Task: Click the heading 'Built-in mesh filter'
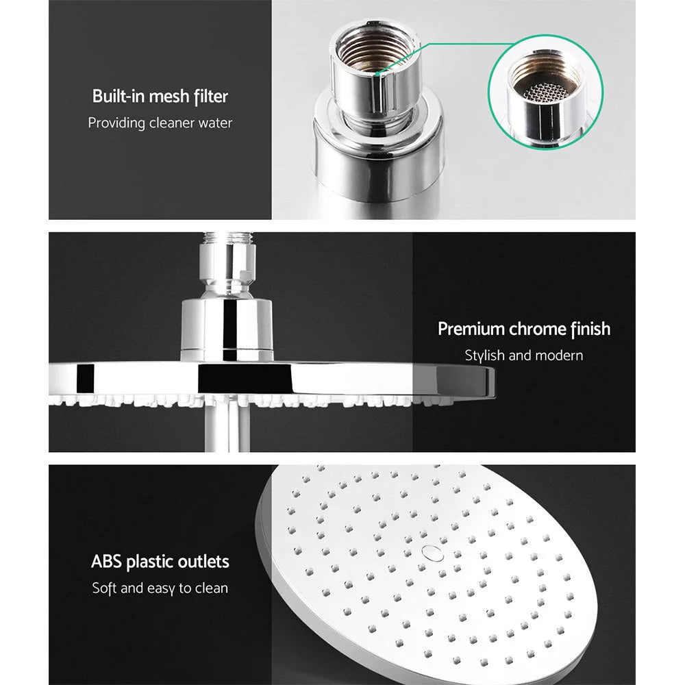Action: (160, 97)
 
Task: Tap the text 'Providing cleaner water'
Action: (160, 123)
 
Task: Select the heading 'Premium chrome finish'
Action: (524, 329)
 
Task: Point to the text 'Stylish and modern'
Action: (524, 356)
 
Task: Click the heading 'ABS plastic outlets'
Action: (160, 562)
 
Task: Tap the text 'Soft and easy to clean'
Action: (160, 588)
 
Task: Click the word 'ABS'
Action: (105, 562)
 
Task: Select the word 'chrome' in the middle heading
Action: (538, 329)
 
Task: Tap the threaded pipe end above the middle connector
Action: (227, 240)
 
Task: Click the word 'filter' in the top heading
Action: (209, 97)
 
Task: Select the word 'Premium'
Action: (471, 329)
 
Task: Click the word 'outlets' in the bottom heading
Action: (201, 562)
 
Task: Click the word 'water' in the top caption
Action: (214, 123)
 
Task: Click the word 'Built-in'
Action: (117, 97)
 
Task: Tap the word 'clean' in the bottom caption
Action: (211, 588)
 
